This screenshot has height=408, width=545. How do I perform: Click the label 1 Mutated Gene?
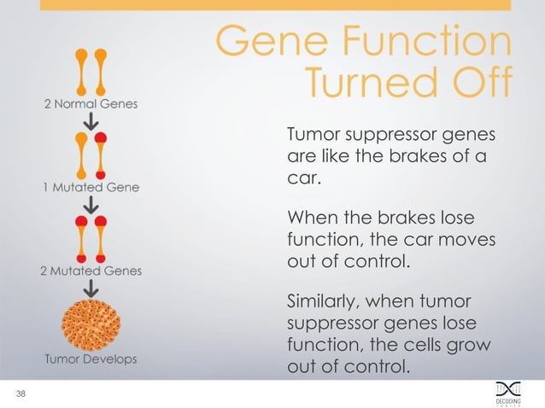[91, 186]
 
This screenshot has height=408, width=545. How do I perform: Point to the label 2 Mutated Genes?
[91, 271]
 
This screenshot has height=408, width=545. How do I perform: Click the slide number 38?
[19, 393]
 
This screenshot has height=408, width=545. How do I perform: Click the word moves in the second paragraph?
[467, 239]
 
